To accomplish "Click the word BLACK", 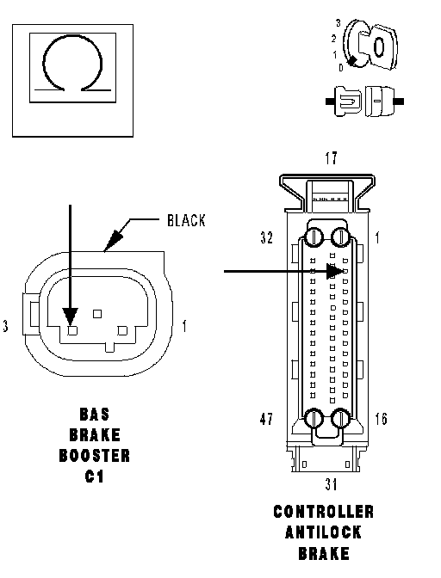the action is click(186, 220).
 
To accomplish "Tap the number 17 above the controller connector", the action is click(331, 158).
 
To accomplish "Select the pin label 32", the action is click(266, 237).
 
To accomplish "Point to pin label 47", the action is click(266, 419).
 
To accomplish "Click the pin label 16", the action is click(381, 419).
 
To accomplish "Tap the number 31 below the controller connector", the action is click(331, 484).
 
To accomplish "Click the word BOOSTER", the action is click(95, 456).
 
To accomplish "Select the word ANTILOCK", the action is click(323, 532).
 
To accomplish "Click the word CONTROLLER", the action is click(323, 512).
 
